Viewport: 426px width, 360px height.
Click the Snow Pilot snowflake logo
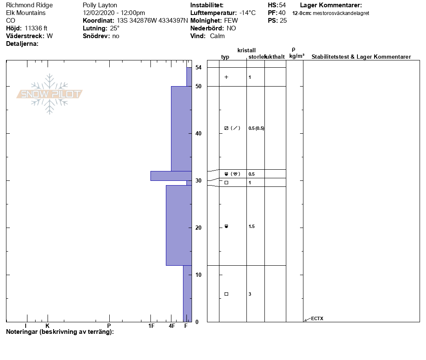(x=49, y=94)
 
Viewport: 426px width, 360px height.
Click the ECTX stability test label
(x=317, y=318)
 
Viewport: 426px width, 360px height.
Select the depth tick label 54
(x=198, y=67)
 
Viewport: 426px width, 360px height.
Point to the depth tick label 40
(x=198, y=133)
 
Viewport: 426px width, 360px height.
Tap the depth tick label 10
(x=198, y=275)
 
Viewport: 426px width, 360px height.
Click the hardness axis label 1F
(x=151, y=326)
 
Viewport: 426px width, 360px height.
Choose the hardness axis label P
(x=109, y=326)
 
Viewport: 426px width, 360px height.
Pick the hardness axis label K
(x=48, y=326)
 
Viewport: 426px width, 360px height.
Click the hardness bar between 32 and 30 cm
(x=171, y=176)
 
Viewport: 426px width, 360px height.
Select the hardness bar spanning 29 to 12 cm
(x=179, y=225)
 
